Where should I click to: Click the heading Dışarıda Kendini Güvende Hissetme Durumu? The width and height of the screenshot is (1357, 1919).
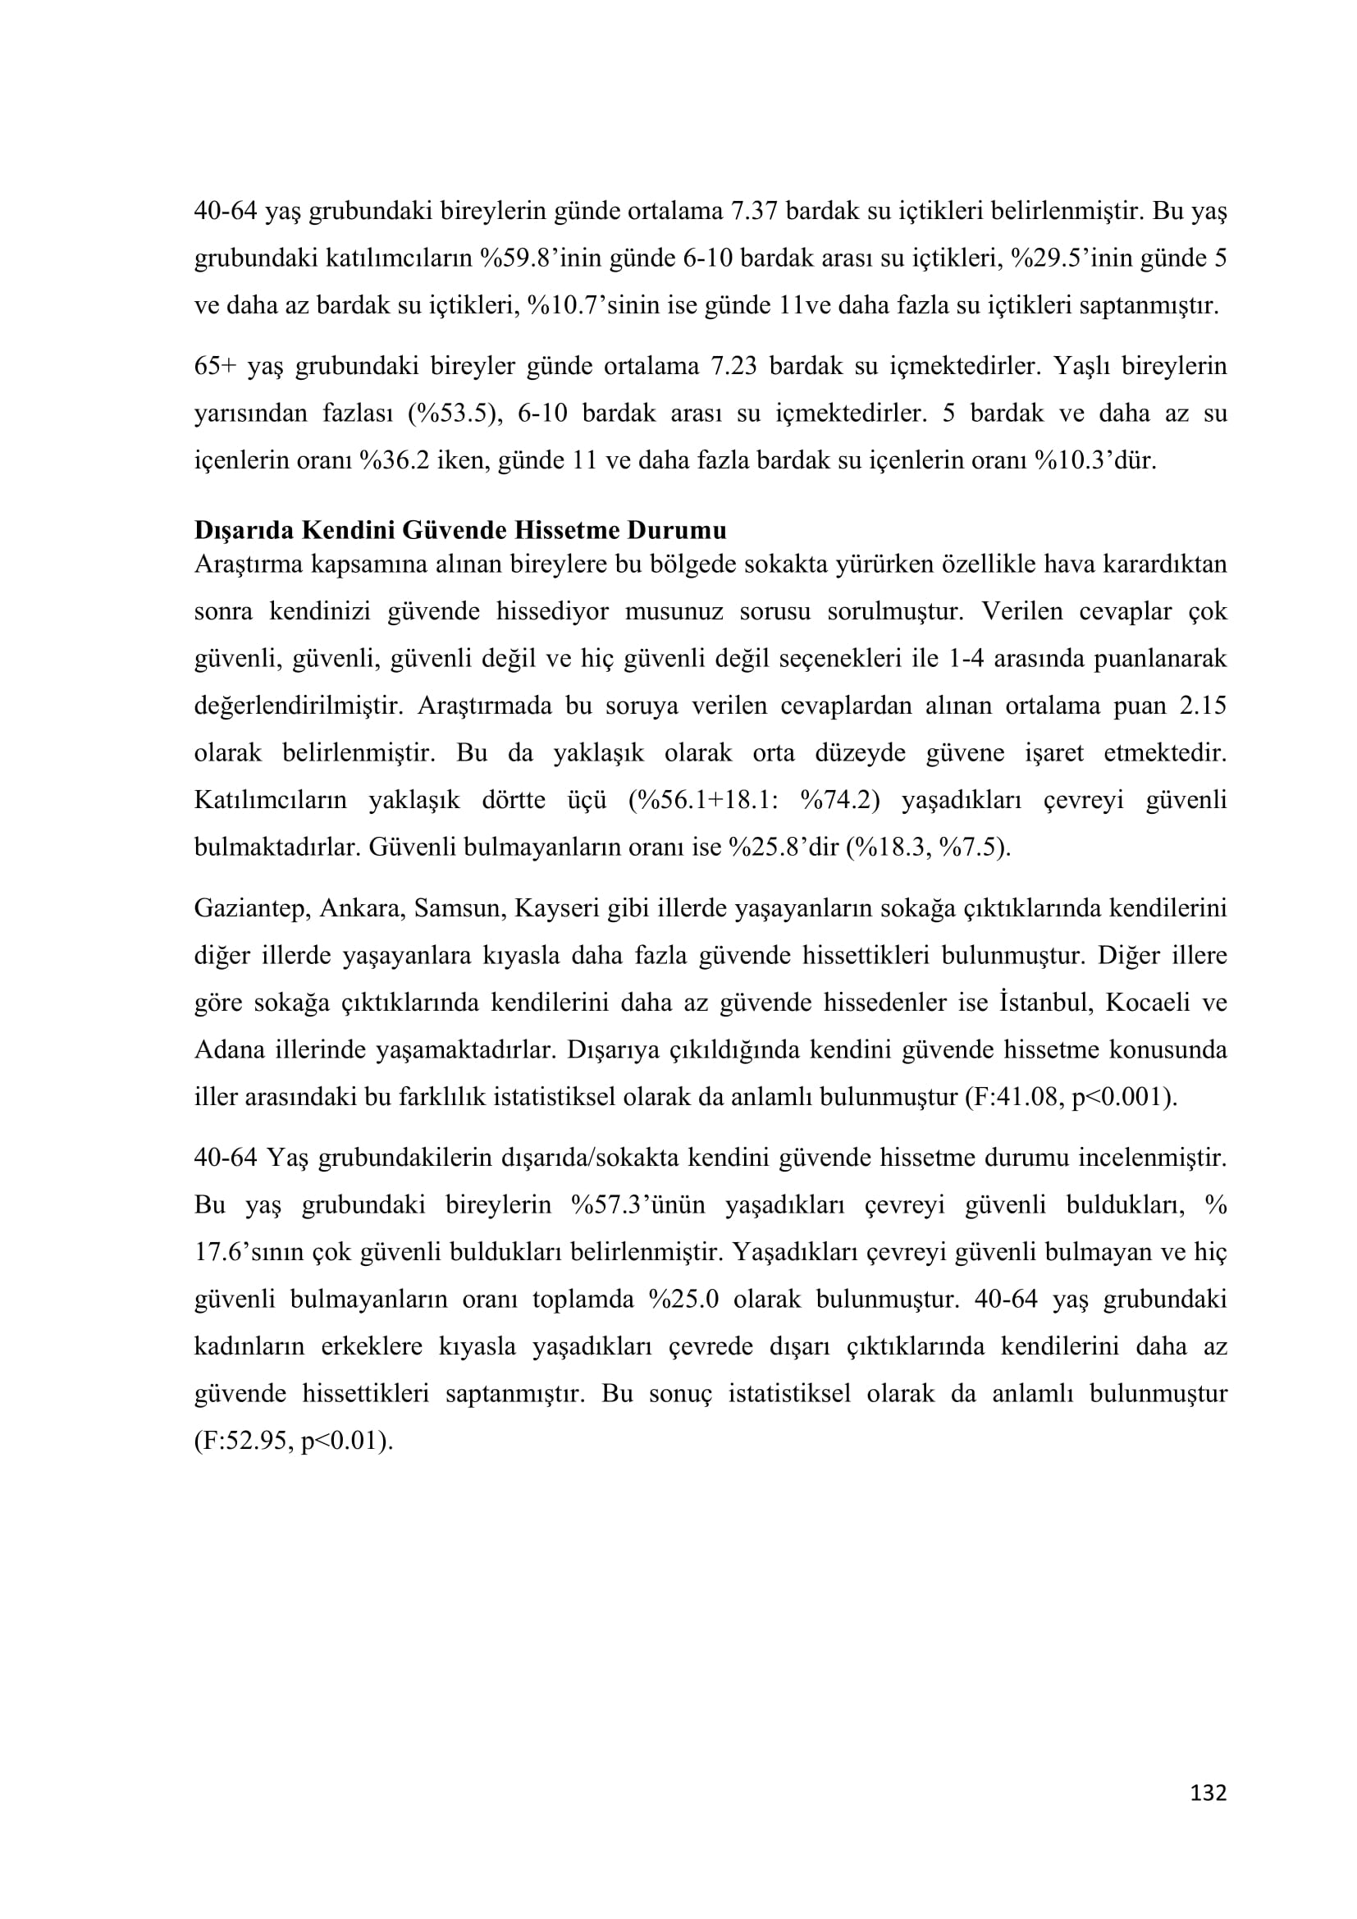(x=460, y=530)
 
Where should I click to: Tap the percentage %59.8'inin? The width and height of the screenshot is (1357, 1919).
(x=543, y=258)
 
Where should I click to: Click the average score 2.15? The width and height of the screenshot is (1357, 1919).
(x=1203, y=706)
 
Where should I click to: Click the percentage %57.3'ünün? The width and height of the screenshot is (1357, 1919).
(x=638, y=1204)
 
